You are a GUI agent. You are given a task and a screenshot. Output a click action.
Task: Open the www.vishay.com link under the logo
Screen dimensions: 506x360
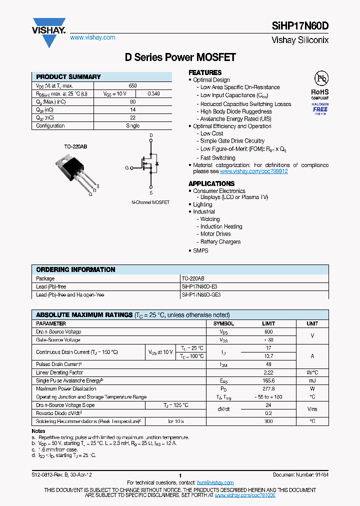92,37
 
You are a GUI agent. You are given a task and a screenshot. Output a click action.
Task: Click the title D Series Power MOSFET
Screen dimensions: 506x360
180,57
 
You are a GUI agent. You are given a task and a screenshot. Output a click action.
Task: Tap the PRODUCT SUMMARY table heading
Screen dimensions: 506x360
68,77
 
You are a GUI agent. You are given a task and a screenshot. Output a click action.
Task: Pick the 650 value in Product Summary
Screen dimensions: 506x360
132,86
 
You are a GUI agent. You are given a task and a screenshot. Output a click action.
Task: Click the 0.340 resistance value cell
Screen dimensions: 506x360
154,94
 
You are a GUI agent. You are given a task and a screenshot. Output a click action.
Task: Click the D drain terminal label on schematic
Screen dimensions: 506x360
151,135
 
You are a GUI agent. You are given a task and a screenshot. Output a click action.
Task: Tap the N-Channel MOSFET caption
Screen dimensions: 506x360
150,202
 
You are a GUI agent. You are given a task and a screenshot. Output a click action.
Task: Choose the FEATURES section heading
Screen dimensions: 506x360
205,72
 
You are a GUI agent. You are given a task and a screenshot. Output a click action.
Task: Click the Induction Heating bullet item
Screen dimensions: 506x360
221,226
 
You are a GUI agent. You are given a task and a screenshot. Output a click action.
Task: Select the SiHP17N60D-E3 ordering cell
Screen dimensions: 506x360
199,287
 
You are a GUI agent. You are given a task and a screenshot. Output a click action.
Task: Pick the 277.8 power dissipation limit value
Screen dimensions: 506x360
268,388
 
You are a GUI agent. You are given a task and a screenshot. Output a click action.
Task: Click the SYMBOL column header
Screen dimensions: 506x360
223,323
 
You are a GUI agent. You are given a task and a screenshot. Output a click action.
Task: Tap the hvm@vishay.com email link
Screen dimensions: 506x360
215,482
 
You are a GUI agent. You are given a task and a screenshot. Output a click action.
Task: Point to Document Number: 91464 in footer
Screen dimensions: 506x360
300,475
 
